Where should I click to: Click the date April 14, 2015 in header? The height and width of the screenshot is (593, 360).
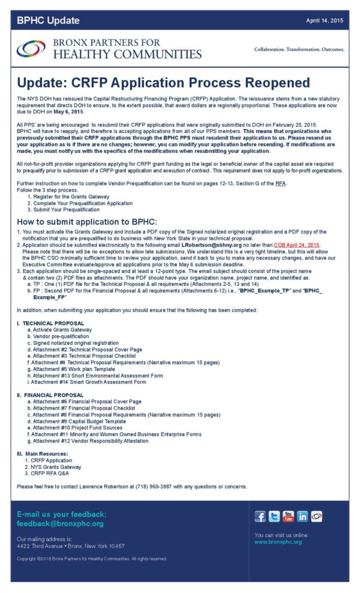[x=325, y=21]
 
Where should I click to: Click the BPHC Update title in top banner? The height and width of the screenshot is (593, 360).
[x=48, y=21]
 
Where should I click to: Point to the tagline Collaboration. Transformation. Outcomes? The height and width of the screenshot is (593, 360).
[x=299, y=49]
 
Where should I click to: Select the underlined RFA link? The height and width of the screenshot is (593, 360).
[x=281, y=184]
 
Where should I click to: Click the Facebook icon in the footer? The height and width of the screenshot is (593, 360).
[x=260, y=517]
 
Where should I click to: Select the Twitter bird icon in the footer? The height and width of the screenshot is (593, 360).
[x=274, y=517]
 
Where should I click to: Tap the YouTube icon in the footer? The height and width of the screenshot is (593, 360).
[x=288, y=517]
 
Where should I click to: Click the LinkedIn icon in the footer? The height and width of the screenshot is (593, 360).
[x=303, y=517]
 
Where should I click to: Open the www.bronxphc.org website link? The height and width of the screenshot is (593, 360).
[x=278, y=542]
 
